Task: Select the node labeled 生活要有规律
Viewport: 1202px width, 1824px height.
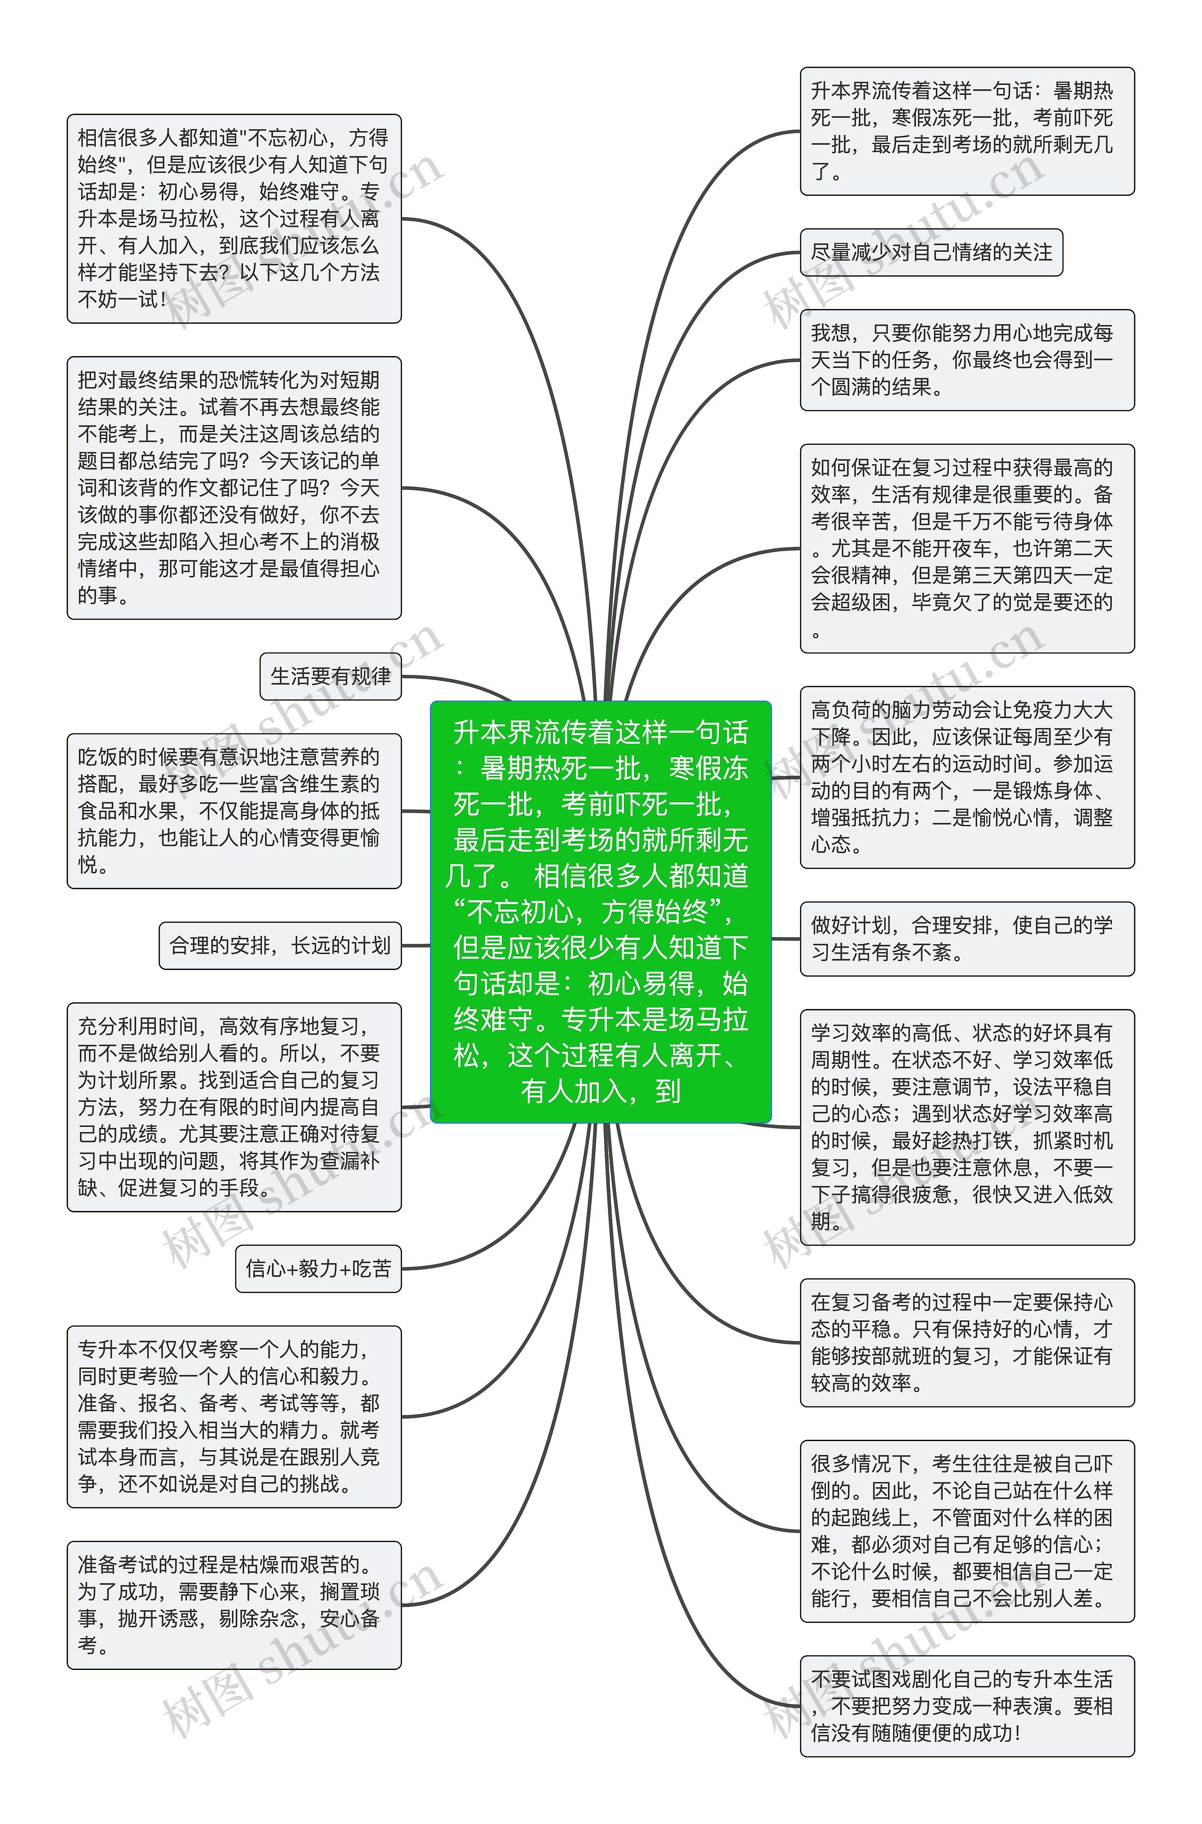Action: tap(331, 676)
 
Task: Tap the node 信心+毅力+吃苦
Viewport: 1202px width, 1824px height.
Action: tap(318, 1269)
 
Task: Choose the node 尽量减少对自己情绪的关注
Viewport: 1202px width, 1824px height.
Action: tap(932, 252)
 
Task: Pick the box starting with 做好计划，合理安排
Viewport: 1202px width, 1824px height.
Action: tap(967, 939)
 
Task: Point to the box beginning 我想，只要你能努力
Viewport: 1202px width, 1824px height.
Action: tap(967, 360)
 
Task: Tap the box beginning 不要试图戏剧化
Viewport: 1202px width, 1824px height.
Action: tap(967, 1706)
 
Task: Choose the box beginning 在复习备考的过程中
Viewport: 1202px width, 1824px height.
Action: tap(967, 1343)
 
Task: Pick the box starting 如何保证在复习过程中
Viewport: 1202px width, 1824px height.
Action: tap(967, 548)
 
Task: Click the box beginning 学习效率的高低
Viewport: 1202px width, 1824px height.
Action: tap(967, 1127)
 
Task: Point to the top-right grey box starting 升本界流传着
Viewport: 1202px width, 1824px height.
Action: tap(967, 131)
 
